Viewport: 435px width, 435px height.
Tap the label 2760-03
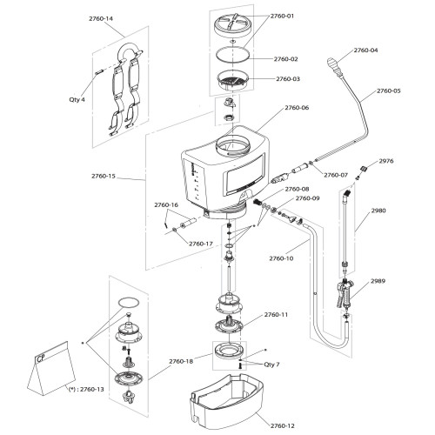coord(287,79)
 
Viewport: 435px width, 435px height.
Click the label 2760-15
coord(104,177)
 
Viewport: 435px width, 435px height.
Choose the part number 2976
coord(387,160)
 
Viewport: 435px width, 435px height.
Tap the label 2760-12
coord(283,425)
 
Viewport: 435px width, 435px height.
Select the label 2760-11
coord(275,314)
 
